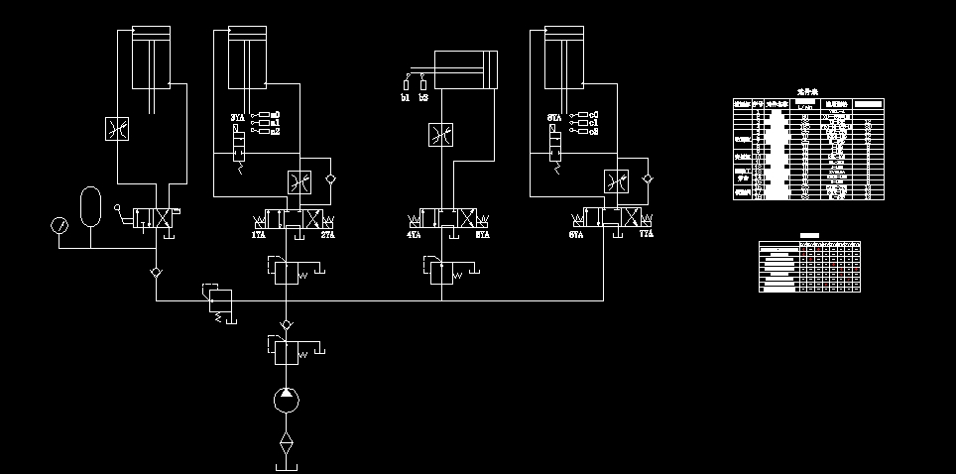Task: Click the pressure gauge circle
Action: (59, 225)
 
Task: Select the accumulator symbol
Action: (90, 202)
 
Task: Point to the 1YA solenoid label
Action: (259, 236)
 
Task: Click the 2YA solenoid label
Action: (327, 236)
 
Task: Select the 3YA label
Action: (237, 118)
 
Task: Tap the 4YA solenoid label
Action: (415, 236)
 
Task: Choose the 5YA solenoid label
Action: (483, 236)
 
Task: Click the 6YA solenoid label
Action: (576, 236)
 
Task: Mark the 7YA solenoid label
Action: (647, 236)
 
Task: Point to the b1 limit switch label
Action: (406, 98)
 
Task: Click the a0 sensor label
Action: (275, 115)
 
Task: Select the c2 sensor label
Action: (593, 131)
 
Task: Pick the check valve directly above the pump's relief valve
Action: (286, 324)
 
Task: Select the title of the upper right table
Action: (805, 91)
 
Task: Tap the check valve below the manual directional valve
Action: (156, 272)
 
